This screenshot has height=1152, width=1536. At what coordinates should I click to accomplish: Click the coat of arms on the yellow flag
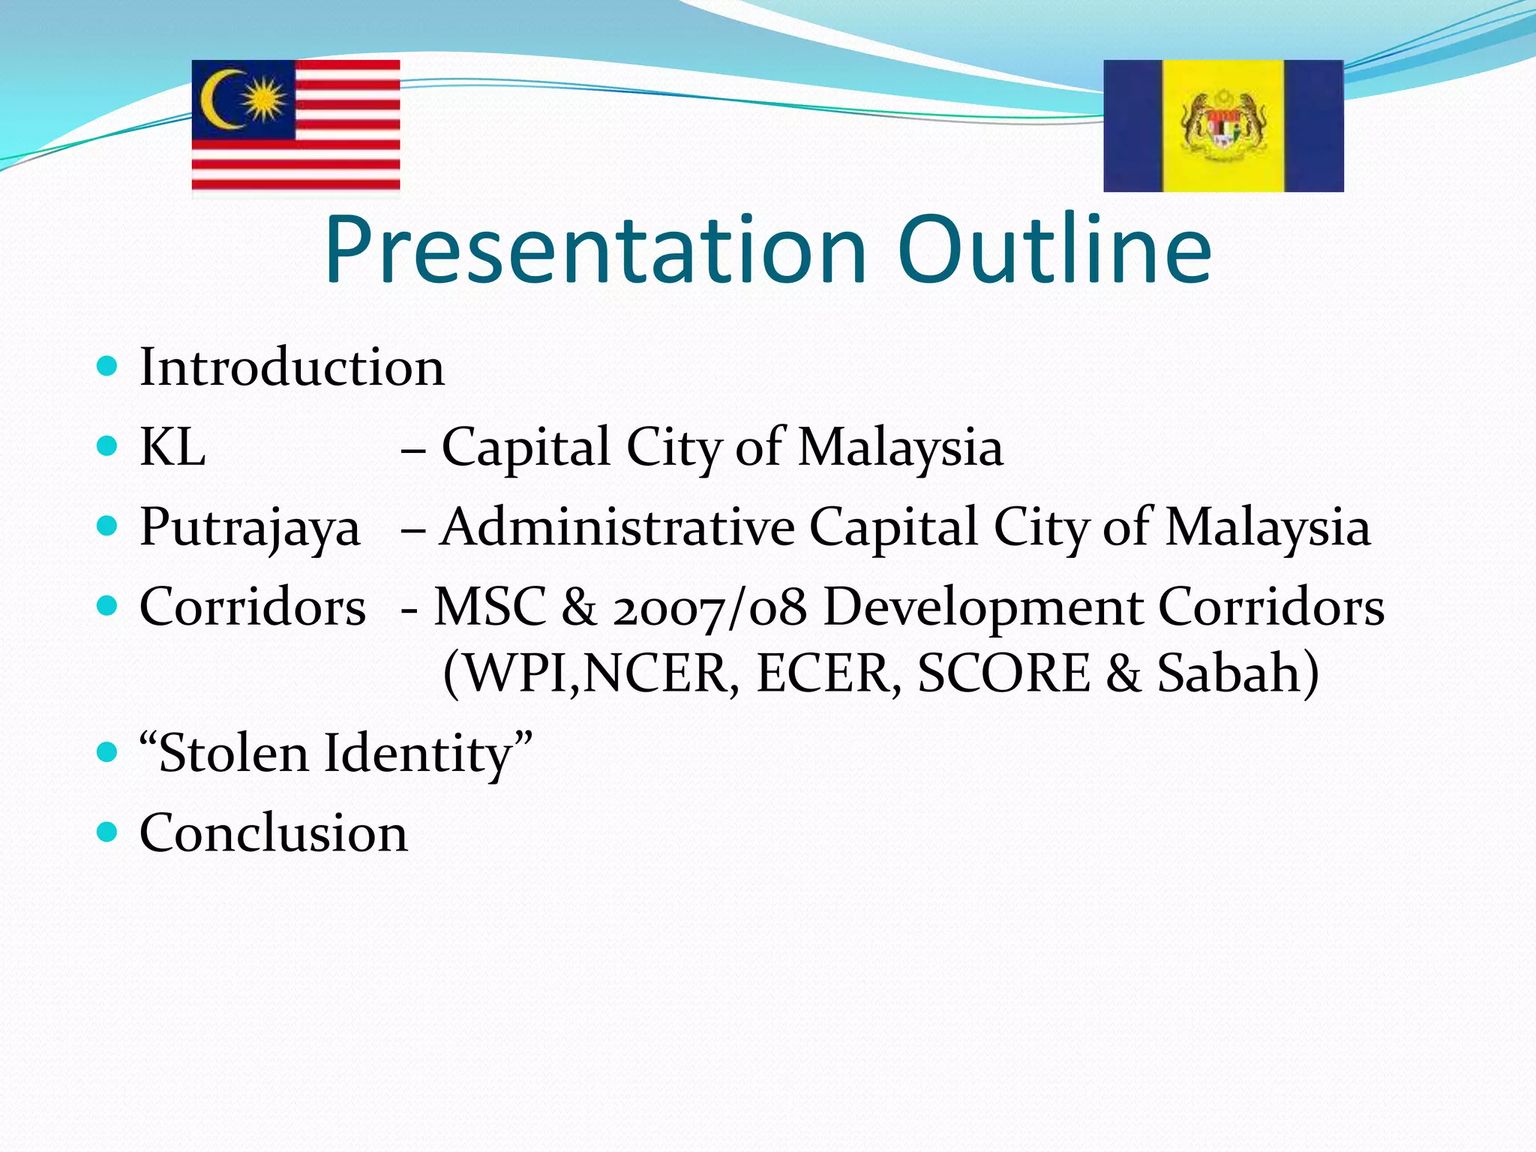click(1224, 124)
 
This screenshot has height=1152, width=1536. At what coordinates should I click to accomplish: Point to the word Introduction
click(292, 367)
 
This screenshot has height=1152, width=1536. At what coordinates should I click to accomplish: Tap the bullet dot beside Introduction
click(108, 366)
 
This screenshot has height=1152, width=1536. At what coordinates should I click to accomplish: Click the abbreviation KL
click(172, 448)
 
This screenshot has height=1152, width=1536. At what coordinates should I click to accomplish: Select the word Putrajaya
click(250, 528)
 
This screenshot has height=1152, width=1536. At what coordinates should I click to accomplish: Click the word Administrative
click(617, 526)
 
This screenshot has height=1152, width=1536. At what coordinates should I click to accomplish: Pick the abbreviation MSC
click(490, 606)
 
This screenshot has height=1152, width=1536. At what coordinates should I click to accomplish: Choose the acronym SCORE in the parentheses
click(1003, 673)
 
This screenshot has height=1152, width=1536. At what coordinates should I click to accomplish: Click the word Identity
click(418, 754)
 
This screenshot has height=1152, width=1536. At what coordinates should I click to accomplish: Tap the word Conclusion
click(274, 833)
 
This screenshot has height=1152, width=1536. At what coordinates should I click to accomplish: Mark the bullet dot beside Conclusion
click(108, 831)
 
